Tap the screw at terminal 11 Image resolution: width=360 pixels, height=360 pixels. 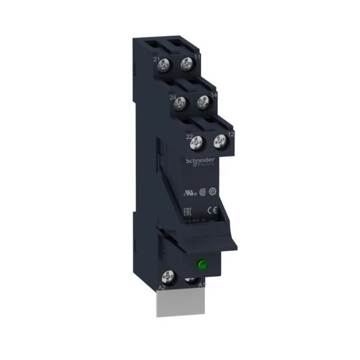coord(186,65)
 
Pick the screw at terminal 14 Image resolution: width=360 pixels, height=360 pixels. coord(203,101)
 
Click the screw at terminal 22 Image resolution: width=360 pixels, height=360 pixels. coord(198,142)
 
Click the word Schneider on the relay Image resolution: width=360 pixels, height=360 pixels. coord(200,161)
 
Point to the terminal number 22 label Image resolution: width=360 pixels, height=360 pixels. coord(189,137)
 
